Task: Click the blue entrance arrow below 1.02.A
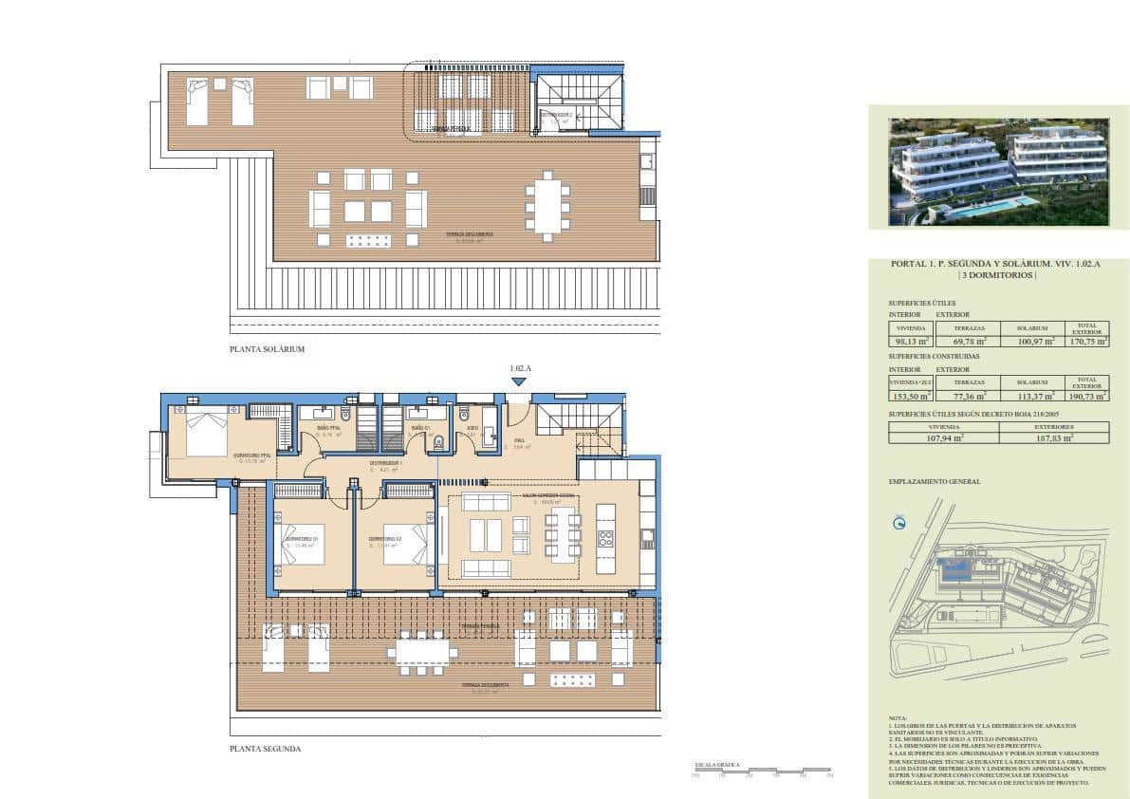point(518,382)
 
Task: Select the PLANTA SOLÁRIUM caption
point(267,349)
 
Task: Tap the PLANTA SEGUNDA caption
point(265,749)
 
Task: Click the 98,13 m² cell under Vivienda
point(910,342)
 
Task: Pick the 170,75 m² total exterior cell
point(1086,342)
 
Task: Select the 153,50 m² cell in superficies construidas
point(910,397)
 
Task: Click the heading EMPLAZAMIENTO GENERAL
point(935,482)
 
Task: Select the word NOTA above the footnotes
point(898,718)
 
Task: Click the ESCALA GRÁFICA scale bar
point(763,774)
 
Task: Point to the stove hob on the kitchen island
point(606,539)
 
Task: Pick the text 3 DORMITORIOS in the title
point(996,276)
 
